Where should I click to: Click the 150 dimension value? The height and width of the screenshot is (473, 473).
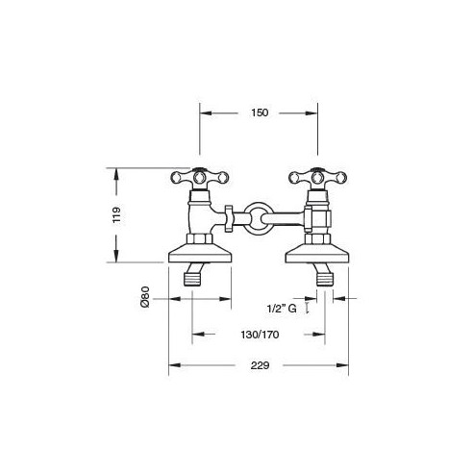click(x=260, y=112)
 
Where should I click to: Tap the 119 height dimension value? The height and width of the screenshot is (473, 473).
click(x=116, y=215)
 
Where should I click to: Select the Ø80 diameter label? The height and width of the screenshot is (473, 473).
click(x=145, y=297)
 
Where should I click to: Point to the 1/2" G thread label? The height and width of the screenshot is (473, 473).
click(x=282, y=309)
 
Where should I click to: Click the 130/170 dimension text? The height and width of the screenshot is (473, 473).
click(x=260, y=335)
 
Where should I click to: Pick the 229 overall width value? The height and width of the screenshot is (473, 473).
click(x=260, y=365)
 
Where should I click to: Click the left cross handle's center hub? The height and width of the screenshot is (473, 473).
click(x=199, y=177)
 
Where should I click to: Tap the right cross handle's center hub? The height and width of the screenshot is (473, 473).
click(x=317, y=177)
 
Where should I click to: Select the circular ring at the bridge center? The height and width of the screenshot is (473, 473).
click(x=258, y=219)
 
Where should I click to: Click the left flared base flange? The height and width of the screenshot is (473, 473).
click(x=200, y=253)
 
